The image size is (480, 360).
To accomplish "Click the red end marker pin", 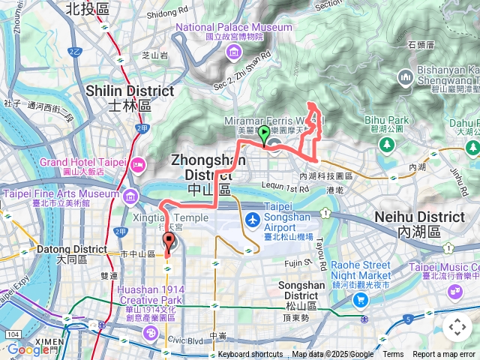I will click(x=168, y=241).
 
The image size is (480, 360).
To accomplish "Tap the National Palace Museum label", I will click(x=233, y=28).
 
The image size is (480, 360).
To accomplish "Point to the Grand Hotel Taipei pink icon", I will click(x=137, y=164).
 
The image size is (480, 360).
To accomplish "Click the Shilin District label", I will click(x=130, y=91).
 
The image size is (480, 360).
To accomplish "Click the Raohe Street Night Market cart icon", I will click(x=361, y=299).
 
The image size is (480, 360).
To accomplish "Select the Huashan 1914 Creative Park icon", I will click(x=149, y=331).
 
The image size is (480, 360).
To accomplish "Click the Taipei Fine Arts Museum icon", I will click(x=131, y=196).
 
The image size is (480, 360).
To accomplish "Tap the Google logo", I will click(x=28, y=349).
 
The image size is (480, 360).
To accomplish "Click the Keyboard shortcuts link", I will click(x=250, y=355).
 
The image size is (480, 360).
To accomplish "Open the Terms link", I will click(x=393, y=355).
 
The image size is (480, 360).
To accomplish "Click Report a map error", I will click(x=445, y=355).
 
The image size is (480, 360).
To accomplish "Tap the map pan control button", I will click(x=457, y=327).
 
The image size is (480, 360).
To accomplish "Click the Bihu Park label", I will click(x=386, y=120).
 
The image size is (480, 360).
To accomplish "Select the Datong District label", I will click(x=73, y=249).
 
